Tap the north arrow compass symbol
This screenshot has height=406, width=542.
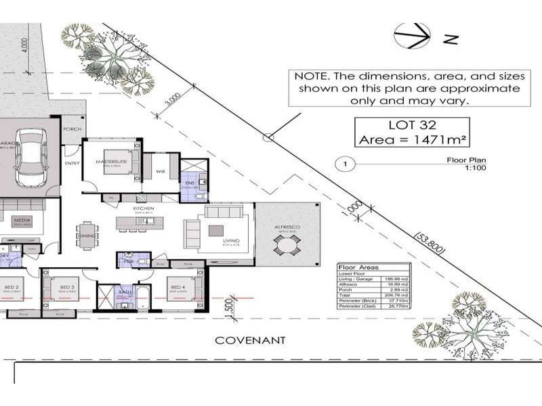409,37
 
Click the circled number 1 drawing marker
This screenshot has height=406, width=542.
346,164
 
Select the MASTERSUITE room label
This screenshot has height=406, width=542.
108,162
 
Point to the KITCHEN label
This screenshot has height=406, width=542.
144,208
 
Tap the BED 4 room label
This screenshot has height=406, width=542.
177,288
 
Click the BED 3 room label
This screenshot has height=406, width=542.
66,288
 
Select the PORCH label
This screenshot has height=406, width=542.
72,130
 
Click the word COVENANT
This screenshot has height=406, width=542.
250,340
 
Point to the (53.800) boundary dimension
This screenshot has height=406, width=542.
430,244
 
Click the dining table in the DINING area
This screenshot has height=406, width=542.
86,230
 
